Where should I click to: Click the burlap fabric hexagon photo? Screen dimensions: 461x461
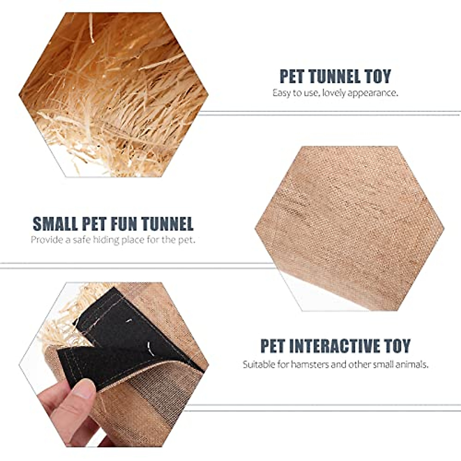point(350,229)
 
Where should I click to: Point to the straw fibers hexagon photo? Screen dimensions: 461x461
point(113,94)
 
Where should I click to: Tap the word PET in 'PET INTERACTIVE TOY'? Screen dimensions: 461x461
point(273,346)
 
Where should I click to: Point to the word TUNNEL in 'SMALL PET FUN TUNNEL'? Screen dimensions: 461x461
point(167,224)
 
